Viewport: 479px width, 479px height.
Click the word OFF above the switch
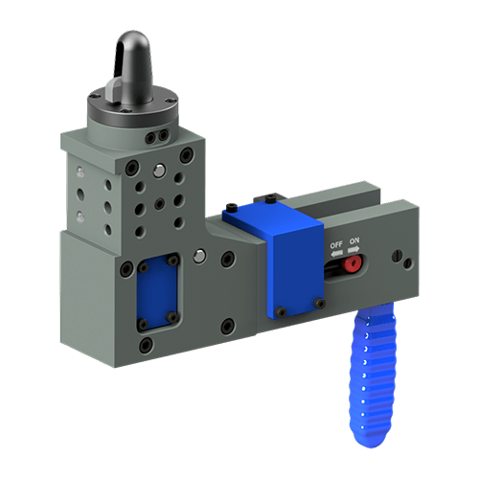(x=336, y=246)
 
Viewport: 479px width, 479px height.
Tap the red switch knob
(x=353, y=262)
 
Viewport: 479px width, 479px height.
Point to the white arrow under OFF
(x=336, y=254)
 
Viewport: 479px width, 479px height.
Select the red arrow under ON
(x=355, y=254)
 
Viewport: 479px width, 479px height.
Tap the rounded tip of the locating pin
(x=131, y=43)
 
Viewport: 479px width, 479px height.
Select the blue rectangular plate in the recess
(x=154, y=291)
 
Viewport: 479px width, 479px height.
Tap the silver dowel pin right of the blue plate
(x=198, y=256)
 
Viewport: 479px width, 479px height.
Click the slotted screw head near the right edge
(x=399, y=257)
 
